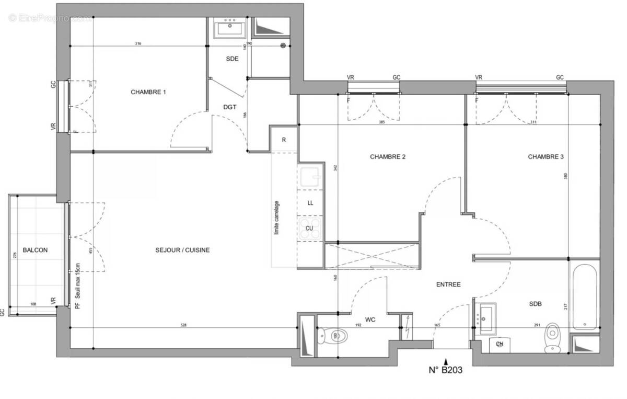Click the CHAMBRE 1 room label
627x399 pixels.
[148, 92]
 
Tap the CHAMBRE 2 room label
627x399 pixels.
[388, 156]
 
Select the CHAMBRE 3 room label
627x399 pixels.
[545, 156]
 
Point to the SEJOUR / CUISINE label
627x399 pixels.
[182, 250]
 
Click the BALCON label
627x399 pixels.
[35, 250]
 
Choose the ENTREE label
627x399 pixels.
[448, 284]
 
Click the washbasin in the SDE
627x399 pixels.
[229, 27]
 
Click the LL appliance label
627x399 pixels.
[310, 203]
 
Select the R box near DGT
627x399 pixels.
[283, 140]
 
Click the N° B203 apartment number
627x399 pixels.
[445, 371]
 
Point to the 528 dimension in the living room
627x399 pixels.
[183, 325]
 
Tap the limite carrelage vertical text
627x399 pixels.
[276, 218]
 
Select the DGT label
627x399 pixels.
[229, 107]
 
